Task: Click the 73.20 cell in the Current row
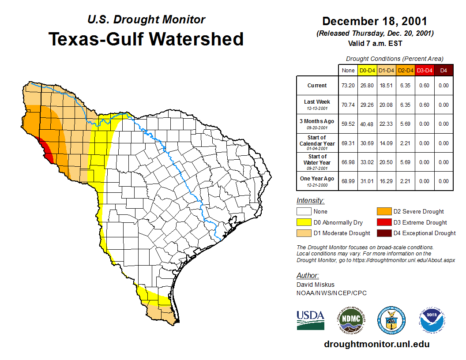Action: point(348,86)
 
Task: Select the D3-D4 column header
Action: point(425,70)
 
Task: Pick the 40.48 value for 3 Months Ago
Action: point(367,124)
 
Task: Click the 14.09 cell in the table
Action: point(386,143)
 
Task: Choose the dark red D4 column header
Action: point(443,70)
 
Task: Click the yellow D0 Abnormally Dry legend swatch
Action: point(304,222)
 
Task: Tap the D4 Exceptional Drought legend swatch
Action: point(383,233)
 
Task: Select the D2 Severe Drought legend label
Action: point(418,212)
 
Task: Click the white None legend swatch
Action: point(304,212)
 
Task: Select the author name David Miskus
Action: point(315,285)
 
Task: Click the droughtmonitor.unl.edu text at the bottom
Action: point(376,344)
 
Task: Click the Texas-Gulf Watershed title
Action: point(146,39)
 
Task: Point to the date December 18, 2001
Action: point(375,21)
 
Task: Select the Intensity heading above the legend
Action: point(310,201)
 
